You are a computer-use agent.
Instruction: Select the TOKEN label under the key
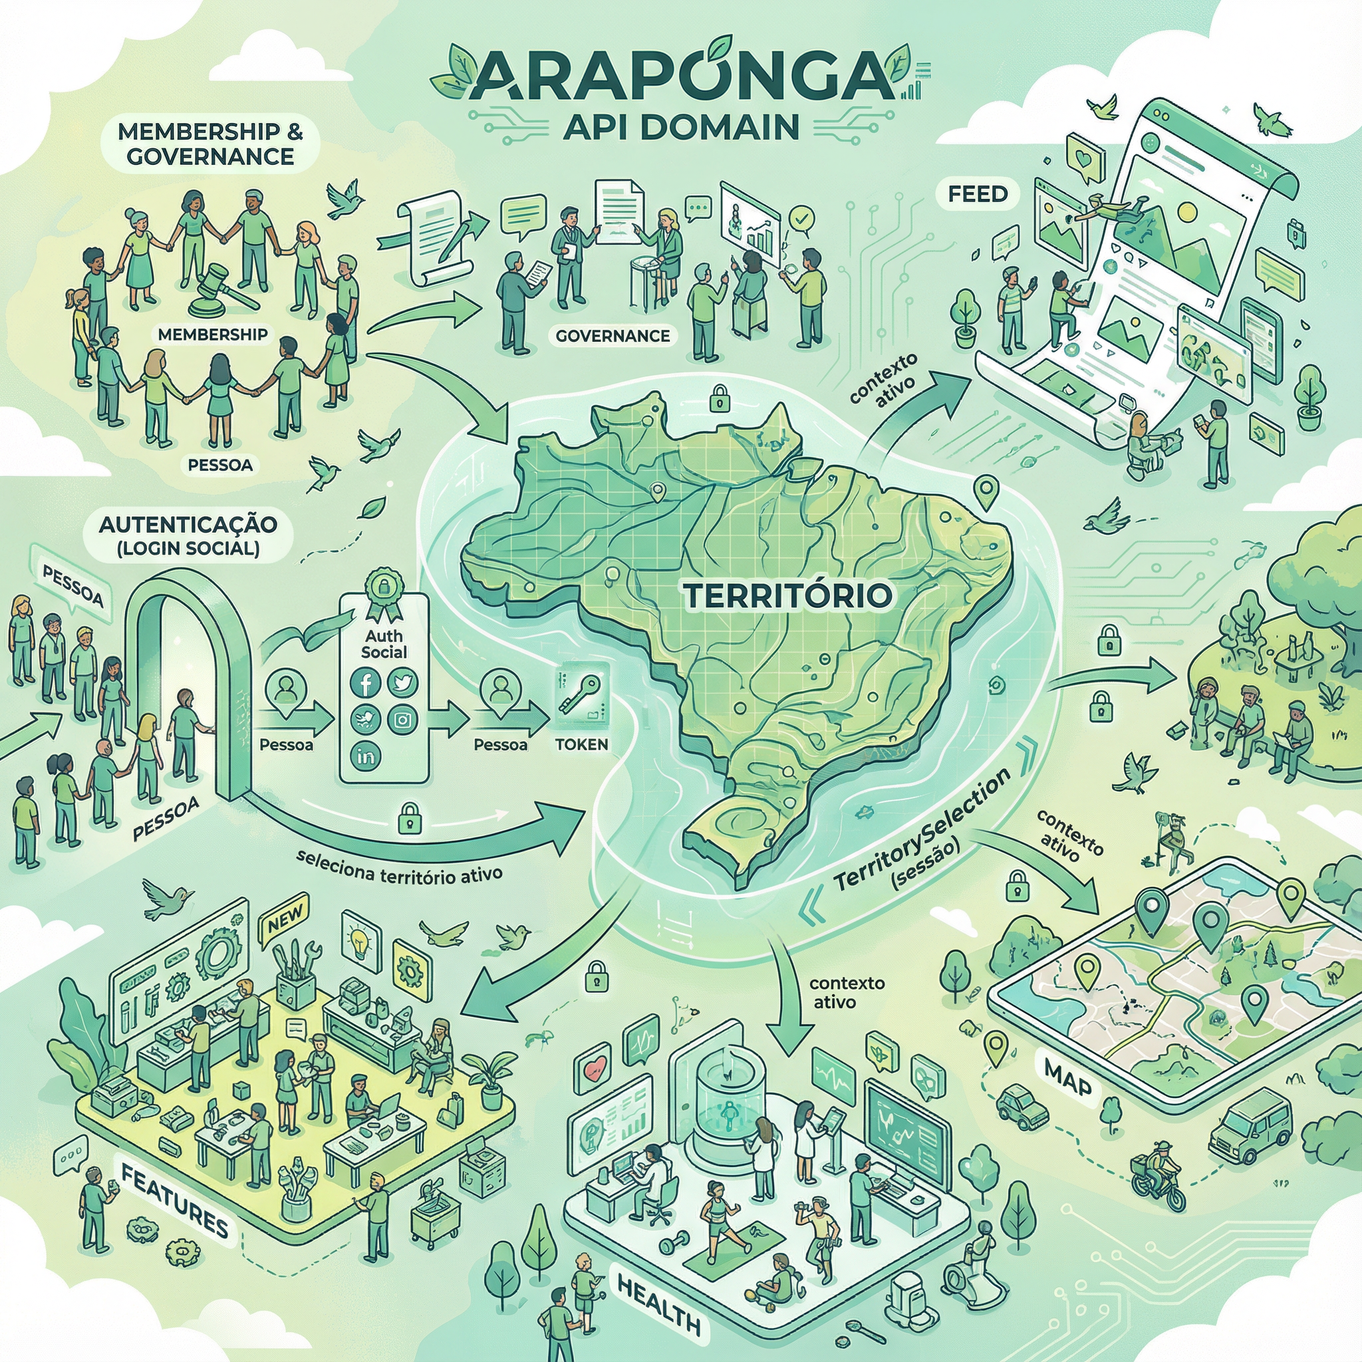582,744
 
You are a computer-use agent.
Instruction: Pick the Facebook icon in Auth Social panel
366,682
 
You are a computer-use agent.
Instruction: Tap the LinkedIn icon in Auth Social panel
366,756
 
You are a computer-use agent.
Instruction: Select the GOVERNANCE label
613,336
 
